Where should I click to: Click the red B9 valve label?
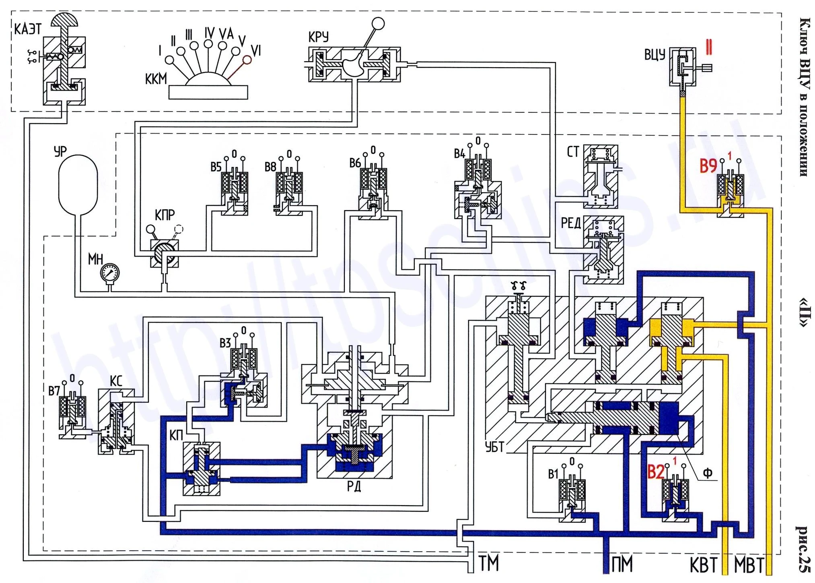pyautogui.click(x=708, y=165)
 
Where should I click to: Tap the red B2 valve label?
pyautogui.click(x=656, y=472)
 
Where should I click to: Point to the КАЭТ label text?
pyautogui.click(x=28, y=29)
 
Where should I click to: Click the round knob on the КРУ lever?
pyautogui.click(x=378, y=24)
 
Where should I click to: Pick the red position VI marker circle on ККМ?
pyautogui.click(x=247, y=60)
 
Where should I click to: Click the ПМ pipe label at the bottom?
pyautogui.click(x=622, y=564)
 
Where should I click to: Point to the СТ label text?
pyautogui.click(x=573, y=152)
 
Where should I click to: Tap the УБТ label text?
pyautogui.click(x=494, y=447)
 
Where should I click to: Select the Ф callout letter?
pyautogui.click(x=708, y=473)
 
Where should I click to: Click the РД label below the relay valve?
pyautogui.click(x=354, y=487)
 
